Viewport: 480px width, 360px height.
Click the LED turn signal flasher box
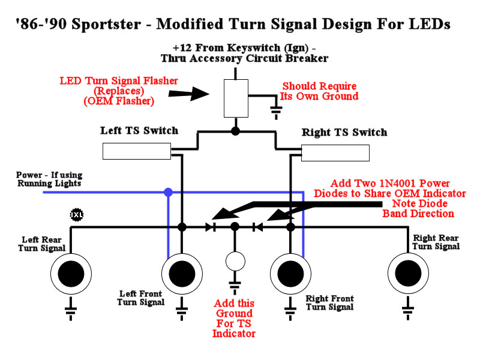[236, 98]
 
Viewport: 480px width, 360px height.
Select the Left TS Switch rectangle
[137, 151]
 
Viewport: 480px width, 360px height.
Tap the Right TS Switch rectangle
[335, 153]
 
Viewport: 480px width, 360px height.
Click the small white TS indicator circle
[235, 262]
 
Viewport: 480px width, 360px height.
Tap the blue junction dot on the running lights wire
[169, 193]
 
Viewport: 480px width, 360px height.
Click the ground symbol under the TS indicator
[235, 286]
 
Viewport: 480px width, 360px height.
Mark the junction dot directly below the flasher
[236, 130]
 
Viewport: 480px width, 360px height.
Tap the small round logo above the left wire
[76, 214]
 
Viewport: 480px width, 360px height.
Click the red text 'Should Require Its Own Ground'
[320, 91]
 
